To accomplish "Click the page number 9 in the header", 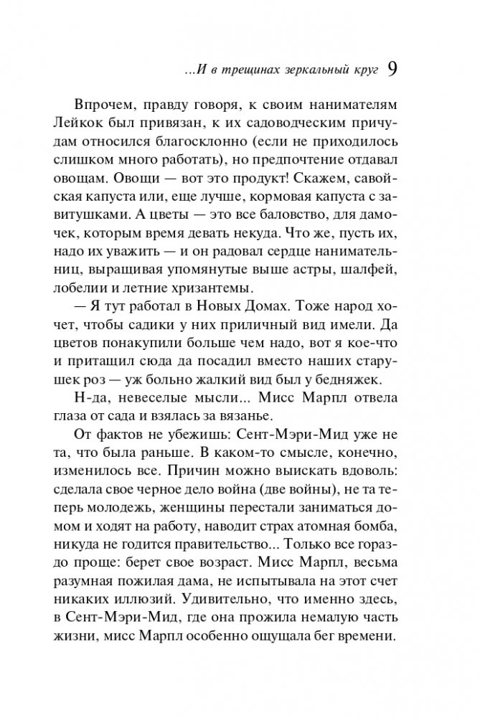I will coord(393,69).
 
